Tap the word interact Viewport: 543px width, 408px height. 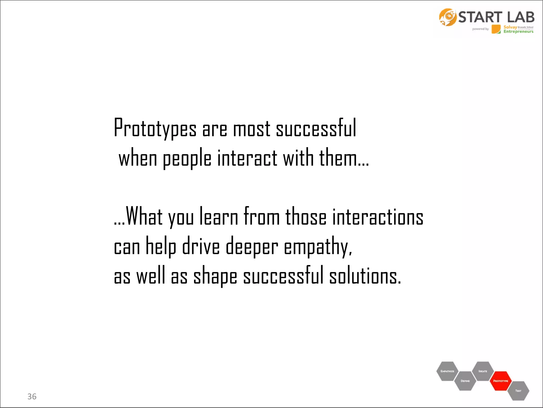(247, 158)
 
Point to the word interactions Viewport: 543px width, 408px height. (378, 217)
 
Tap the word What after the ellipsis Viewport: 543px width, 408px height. (144, 217)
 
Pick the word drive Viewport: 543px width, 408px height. (201, 246)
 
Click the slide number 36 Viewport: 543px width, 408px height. (32, 397)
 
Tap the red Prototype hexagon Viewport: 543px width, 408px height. (501, 381)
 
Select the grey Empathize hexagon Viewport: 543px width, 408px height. (447, 371)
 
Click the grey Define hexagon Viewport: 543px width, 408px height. (465, 381)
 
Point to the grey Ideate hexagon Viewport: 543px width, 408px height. (483, 371)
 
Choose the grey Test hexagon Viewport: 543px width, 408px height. (518, 391)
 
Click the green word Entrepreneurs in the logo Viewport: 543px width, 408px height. (518, 32)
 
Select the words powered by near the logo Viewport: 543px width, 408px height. (480, 29)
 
